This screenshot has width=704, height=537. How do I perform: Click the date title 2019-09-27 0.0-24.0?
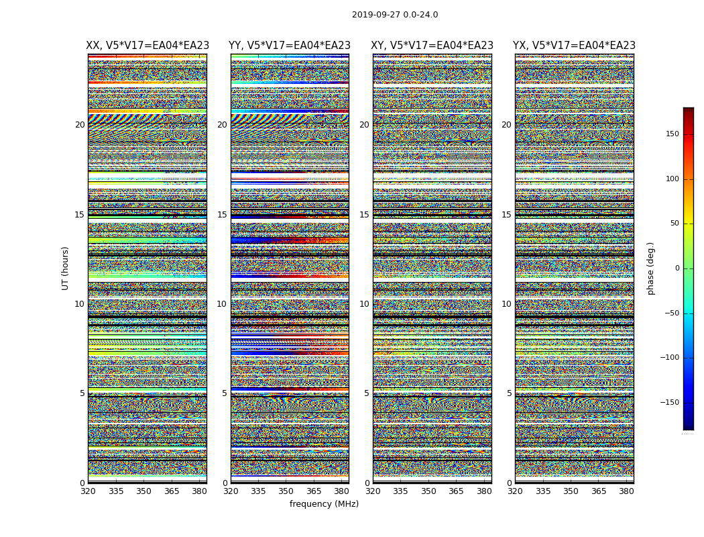pos(395,15)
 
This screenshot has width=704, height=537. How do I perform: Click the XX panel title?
pos(148,46)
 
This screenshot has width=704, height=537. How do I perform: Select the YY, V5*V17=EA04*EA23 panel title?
pos(290,46)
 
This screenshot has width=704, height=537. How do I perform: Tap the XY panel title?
pos(432,46)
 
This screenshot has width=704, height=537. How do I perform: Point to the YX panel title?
pos(574,46)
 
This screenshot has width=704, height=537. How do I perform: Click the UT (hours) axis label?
pos(66,268)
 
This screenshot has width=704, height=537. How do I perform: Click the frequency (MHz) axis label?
pos(324,504)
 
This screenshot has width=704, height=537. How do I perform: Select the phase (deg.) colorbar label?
pos(650,268)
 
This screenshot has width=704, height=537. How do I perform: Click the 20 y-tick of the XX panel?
pos(80,125)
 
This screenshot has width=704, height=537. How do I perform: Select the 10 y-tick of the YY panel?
pos(222,304)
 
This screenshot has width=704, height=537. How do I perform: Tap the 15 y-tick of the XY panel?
pos(364,215)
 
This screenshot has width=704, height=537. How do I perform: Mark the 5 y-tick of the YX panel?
pos(509,393)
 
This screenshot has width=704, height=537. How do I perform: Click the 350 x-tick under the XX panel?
pos(143,491)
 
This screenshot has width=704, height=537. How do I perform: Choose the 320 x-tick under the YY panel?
pos(231,491)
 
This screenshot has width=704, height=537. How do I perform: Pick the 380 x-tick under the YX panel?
pos(626,491)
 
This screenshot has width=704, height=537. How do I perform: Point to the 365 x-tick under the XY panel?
pos(456,491)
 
